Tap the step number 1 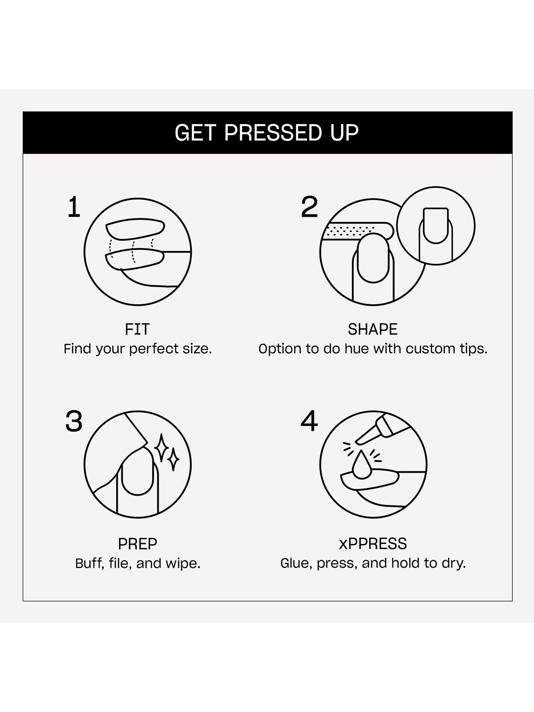pyautogui.click(x=74, y=207)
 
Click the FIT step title pyautogui.click(x=137, y=329)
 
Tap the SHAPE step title pyautogui.click(x=373, y=329)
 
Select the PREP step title pyautogui.click(x=137, y=544)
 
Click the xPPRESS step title pyautogui.click(x=373, y=544)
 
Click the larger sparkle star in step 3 pyautogui.click(x=161, y=448)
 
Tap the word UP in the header pyautogui.click(x=345, y=133)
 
